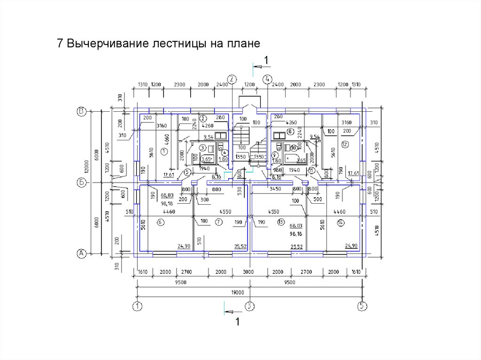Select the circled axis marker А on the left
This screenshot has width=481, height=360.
click(80, 253)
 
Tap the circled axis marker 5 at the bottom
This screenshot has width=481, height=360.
click(362, 306)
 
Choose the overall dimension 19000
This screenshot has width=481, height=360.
click(238, 292)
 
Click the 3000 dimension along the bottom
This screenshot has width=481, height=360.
click(248, 272)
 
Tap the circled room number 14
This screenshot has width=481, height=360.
click(341, 222)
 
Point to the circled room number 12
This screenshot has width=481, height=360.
click(345, 144)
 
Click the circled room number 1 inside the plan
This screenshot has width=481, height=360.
click(164, 151)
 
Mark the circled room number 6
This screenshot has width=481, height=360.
click(160, 222)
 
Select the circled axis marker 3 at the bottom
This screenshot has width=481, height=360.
click(250, 306)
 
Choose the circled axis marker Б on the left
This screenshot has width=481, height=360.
click(80, 182)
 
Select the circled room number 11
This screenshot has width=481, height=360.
click(311, 171)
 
